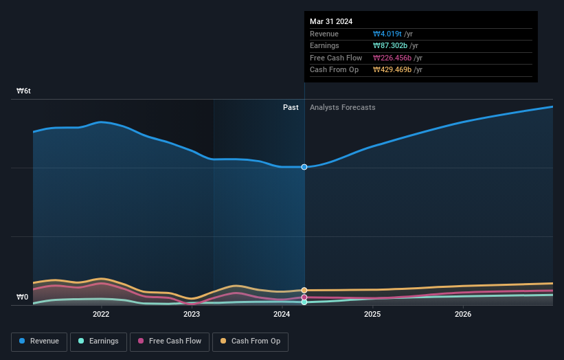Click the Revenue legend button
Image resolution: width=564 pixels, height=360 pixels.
tap(39, 341)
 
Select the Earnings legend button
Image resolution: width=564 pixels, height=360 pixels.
tap(99, 341)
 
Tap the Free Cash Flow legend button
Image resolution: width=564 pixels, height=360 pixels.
tap(170, 341)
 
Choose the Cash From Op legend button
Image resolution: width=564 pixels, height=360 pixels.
tap(251, 341)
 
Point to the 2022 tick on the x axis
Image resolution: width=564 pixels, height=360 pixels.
tap(101, 315)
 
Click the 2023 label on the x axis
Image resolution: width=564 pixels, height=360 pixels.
tap(192, 315)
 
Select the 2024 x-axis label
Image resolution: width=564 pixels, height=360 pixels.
tap(282, 315)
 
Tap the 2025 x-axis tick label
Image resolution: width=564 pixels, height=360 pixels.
tap(372, 315)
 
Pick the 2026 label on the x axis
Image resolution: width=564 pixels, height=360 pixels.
tap(463, 315)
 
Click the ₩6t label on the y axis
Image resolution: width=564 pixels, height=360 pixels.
tap(24, 91)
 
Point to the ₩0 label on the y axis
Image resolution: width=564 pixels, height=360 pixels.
tap(23, 297)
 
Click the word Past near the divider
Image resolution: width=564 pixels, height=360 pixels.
tap(291, 107)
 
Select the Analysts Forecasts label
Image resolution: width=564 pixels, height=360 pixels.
tap(343, 107)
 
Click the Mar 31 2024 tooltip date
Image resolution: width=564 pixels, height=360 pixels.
tap(331, 21)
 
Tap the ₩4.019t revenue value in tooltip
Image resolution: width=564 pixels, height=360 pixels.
tap(387, 34)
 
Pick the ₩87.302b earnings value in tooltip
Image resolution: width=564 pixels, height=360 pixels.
tap(391, 46)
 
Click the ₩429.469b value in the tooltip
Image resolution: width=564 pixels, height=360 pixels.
tap(393, 70)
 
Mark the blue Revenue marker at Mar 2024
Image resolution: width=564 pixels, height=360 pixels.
tap(304, 167)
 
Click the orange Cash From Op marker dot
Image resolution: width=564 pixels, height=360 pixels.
tap(304, 291)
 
